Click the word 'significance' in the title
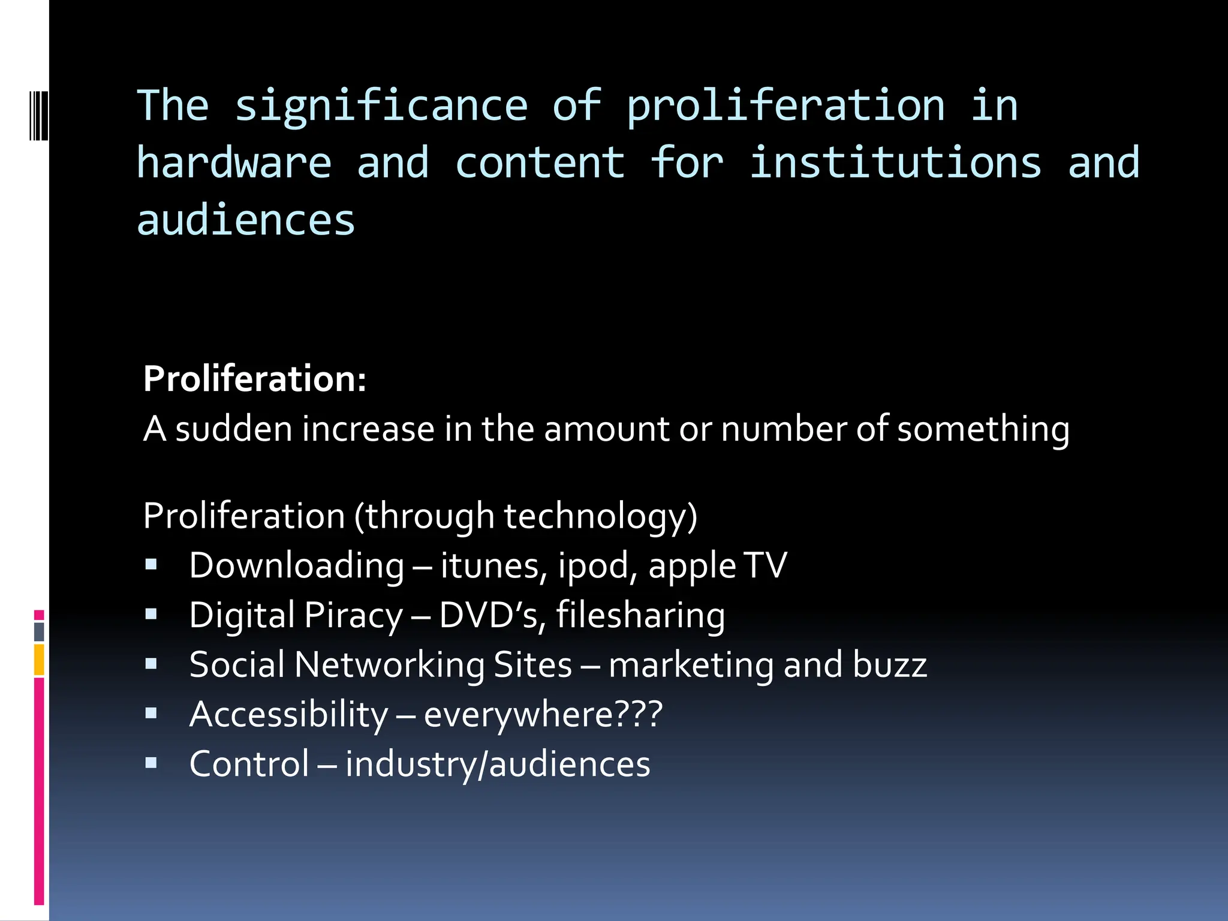[x=381, y=107]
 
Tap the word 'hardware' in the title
[x=234, y=163]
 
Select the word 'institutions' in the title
[x=895, y=163]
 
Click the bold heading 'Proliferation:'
[x=255, y=379]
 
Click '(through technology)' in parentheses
[x=526, y=516]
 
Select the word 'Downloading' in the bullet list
[x=297, y=565]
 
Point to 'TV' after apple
[x=765, y=565]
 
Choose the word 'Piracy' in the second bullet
[x=354, y=616]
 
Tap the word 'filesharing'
[x=640, y=616]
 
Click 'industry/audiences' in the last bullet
[x=498, y=764]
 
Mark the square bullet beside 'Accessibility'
[x=151, y=713]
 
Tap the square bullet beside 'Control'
[x=151, y=763]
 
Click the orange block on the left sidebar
[x=39, y=660]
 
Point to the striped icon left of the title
[x=38, y=115]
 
